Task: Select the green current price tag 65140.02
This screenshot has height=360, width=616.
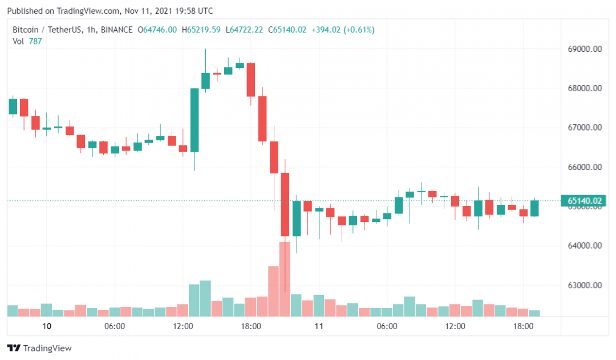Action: pyautogui.click(x=585, y=200)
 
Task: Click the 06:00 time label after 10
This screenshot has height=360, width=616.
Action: pyautogui.click(x=115, y=327)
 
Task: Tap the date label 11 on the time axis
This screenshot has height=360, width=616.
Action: pyautogui.click(x=319, y=327)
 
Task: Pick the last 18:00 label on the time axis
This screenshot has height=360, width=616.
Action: pyautogui.click(x=523, y=327)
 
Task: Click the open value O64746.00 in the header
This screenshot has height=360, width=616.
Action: pyautogui.click(x=157, y=30)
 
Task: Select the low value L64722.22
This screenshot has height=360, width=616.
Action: pyautogui.click(x=244, y=30)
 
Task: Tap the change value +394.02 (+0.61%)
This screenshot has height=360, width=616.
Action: pyautogui.click(x=342, y=30)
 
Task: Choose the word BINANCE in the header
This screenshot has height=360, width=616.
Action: pyautogui.click(x=116, y=30)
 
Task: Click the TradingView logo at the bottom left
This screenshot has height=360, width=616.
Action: pyautogui.click(x=39, y=348)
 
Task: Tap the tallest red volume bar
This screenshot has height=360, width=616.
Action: pyautogui.click(x=285, y=279)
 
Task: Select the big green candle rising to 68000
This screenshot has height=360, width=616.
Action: pyautogui.click(x=194, y=120)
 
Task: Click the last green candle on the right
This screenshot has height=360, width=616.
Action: pyautogui.click(x=534, y=208)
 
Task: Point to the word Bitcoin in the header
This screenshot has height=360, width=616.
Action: pyautogui.click(x=25, y=30)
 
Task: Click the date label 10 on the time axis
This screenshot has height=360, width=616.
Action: pyautogui.click(x=47, y=327)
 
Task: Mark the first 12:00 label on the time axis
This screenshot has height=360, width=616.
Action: pyautogui.click(x=183, y=327)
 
